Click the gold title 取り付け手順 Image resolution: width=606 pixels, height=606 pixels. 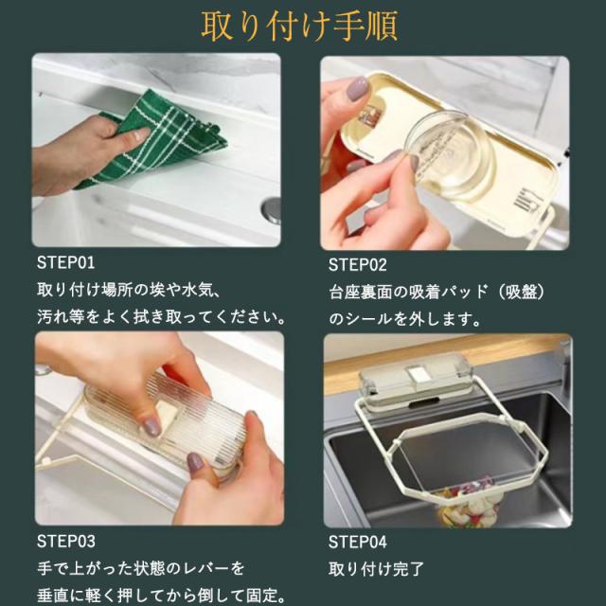pyautogui.click(x=299, y=27)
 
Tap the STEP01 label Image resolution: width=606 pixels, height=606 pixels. pyautogui.click(x=65, y=263)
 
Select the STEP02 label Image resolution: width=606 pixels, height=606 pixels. pyautogui.click(x=358, y=265)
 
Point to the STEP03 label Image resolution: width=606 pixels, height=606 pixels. pyautogui.click(x=65, y=541)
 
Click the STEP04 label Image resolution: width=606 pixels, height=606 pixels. pyautogui.click(x=358, y=542)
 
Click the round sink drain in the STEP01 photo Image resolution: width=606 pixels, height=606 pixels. pyautogui.click(x=272, y=209)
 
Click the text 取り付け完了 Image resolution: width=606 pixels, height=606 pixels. pyautogui.click(x=377, y=569)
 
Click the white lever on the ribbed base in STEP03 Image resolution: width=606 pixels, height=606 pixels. pyautogui.click(x=167, y=416)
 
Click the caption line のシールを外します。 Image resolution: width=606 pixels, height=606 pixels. pyautogui.click(x=405, y=319)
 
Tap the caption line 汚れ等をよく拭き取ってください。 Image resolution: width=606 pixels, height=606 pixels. pyautogui.click(x=162, y=317)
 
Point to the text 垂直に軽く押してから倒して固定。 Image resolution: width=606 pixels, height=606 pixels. pyautogui.click(x=162, y=596)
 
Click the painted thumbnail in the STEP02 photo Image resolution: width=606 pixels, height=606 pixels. pyautogui.click(x=357, y=88)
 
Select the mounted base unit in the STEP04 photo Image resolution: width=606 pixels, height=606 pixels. pyautogui.click(x=416, y=380)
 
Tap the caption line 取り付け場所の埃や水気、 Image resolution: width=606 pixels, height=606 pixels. pyautogui.click(x=130, y=290)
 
